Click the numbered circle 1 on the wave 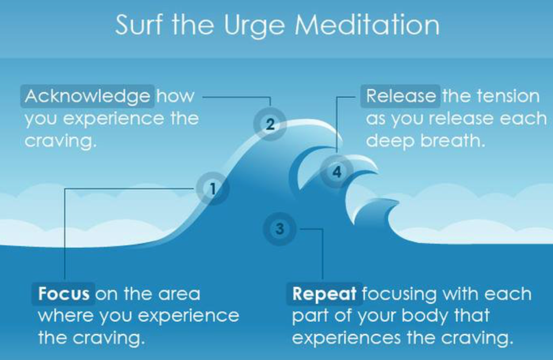pos(212,189)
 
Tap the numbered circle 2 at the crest pos(270,124)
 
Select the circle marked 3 pos(279,229)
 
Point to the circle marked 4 pos(337,172)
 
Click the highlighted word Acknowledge pos(87,96)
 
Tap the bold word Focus pos(64,293)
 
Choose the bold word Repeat pos(324,293)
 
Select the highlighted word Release pos(401,96)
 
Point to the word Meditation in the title pos(367,25)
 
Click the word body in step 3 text pos(424,316)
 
